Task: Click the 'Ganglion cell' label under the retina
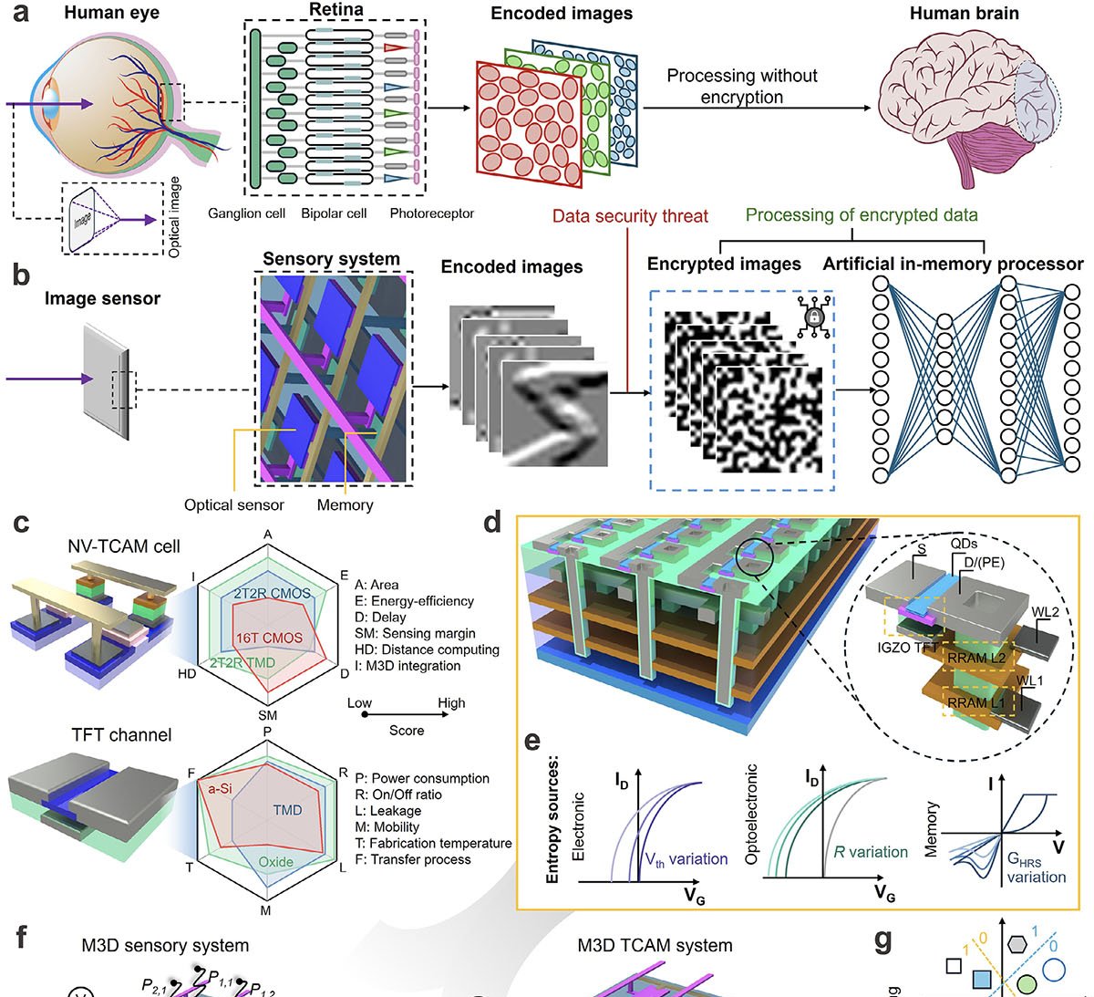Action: (246, 213)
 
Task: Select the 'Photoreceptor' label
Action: (431, 213)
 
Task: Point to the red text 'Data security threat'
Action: (630, 216)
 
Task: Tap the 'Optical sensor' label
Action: (234, 504)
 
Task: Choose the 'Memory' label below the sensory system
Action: (345, 504)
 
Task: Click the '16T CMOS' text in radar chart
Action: (269, 638)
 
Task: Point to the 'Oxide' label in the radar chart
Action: (275, 862)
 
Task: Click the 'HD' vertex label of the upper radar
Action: (187, 674)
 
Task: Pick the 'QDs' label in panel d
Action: (962, 545)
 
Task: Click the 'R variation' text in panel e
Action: (871, 853)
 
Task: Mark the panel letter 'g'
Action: (882, 941)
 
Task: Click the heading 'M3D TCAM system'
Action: (655, 946)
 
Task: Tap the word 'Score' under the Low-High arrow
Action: (407, 730)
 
